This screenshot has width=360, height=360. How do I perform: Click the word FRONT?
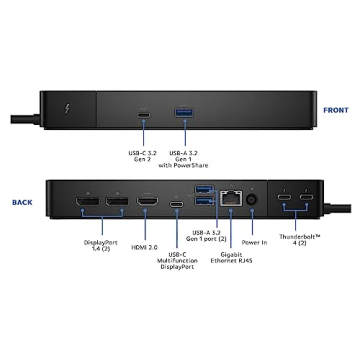coord(335,111)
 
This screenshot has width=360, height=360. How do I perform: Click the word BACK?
coord(22,200)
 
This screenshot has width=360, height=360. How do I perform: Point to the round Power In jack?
coord(251,201)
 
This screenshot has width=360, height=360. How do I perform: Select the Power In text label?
coord(254,241)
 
